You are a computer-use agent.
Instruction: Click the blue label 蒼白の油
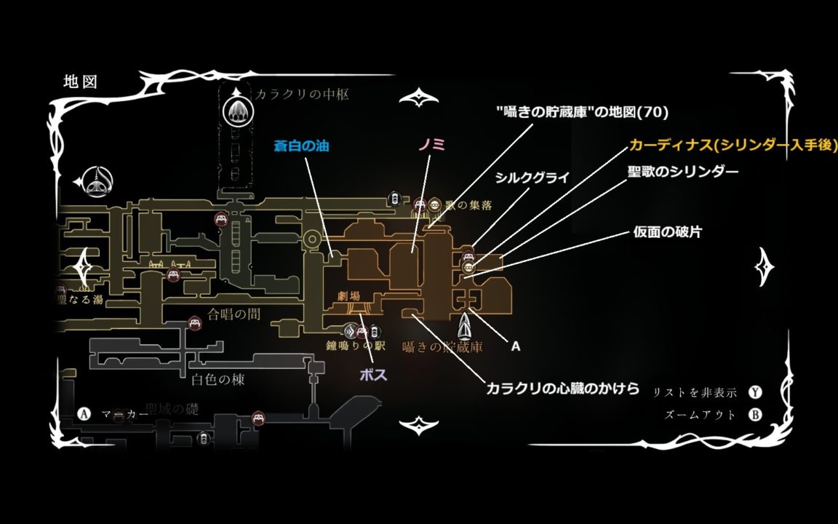coord(301,146)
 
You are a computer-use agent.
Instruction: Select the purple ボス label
coord(373,375)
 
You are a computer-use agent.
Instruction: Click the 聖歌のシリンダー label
coord(683,172)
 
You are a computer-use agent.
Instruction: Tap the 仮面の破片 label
coord(667,232)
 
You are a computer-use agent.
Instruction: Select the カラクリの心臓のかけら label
coord(563,389)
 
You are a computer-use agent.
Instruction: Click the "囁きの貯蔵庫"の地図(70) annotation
coord(581,112)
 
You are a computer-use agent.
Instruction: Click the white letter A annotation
coord(516,346)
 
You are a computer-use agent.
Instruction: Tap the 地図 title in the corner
coord(80,82)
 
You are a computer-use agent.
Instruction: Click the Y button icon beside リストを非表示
coord(756,392)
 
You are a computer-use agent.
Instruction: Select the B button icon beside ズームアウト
coord(756,416)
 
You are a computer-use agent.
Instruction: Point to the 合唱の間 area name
coord(234,314)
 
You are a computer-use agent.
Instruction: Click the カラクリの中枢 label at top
coord(302,95)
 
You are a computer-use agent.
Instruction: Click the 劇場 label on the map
coord(349,296)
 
